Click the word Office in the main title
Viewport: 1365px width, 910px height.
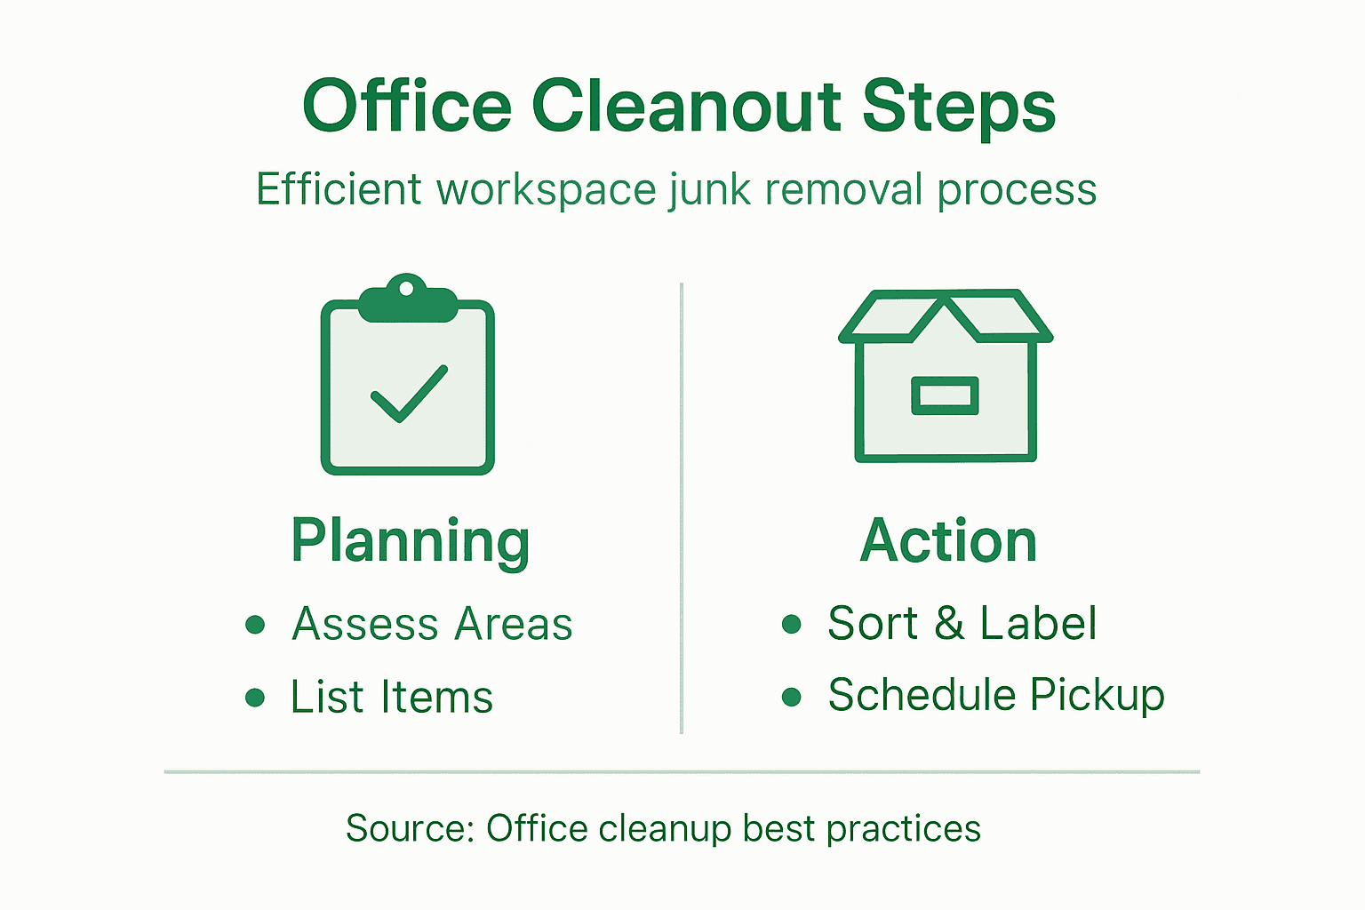click(407, 107)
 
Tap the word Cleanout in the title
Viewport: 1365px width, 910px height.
click(686, 107)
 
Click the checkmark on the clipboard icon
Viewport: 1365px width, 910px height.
click(409, 393)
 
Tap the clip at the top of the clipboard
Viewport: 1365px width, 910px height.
click(407, 298)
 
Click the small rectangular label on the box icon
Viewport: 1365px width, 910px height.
click(945, 395)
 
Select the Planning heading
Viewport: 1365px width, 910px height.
click(411, 541)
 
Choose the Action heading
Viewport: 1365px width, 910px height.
click(948, 541)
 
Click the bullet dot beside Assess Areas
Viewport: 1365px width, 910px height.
click(255, 624)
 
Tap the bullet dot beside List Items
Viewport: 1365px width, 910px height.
click(255, 697)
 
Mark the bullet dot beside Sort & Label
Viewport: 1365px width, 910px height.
click(791, 624)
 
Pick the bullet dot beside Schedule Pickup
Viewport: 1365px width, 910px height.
click(791, 696)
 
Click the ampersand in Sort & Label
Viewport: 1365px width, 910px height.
click(949, 623)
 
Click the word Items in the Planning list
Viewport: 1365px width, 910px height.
click(436, 697)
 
